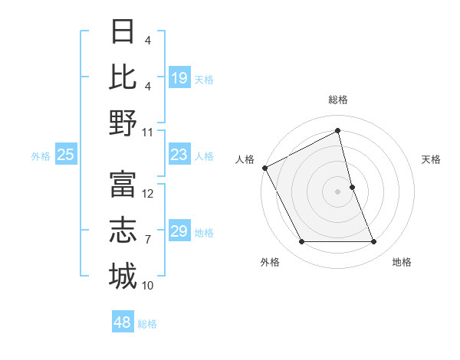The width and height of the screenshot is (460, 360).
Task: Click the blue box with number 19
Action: (179, 78)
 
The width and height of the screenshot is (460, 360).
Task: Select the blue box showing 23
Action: (179, 155)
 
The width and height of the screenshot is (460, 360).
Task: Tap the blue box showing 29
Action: (179, 231)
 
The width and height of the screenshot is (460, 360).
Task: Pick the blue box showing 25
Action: (65, 155)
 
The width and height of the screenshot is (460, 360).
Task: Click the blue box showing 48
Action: (122, 322)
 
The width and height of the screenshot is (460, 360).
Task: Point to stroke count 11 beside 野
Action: (148, 133)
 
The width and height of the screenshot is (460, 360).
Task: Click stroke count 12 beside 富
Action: (148, 194)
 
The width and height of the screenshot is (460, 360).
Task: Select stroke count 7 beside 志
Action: (148, 240)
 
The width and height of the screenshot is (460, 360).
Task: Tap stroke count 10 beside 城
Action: (148, 286)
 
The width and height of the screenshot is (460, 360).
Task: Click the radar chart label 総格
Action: (337, 100)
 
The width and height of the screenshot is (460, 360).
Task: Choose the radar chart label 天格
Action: (432, 159)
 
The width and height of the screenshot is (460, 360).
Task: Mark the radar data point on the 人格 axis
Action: (264, 167)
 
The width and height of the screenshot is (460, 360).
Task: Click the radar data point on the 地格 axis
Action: (374, 242)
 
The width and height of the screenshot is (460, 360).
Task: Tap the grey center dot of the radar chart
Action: (337, 191)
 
